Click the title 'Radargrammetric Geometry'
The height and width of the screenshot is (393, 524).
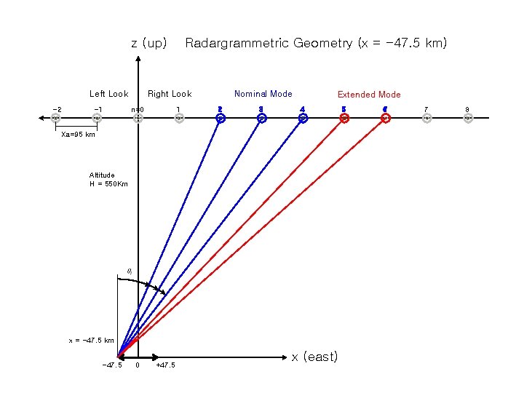(x=316, y=44)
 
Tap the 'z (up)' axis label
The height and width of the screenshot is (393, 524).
(x=149, y=44)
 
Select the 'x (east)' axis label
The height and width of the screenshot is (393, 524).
(x=314, y=357)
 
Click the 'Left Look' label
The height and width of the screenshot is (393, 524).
(x=108, y=94)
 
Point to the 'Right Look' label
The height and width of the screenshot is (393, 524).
(x=170, y=94)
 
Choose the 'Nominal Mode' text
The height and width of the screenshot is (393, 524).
(x=263, y=94)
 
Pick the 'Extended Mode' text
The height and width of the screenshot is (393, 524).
(x=368, y=95)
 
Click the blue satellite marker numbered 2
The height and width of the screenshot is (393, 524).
(x=221, y=119)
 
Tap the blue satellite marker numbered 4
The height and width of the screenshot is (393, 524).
(x=303, y=119)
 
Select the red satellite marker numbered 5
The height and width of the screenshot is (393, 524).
(x=344, y=119)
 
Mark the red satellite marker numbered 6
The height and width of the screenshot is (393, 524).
(x=386, y=119)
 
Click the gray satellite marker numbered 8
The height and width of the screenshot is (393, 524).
(x=468, y=119)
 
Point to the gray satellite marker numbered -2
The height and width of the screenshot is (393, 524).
(x=56, y=119)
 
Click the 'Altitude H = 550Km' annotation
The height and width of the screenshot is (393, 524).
(x=108, y=180)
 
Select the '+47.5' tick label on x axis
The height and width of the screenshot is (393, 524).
(x=165, y=365)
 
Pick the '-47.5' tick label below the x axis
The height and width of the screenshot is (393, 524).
(x=112, y=365)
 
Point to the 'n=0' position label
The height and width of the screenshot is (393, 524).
(x=138, y=110)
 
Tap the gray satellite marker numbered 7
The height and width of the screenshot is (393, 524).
(x=427, y=119)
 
